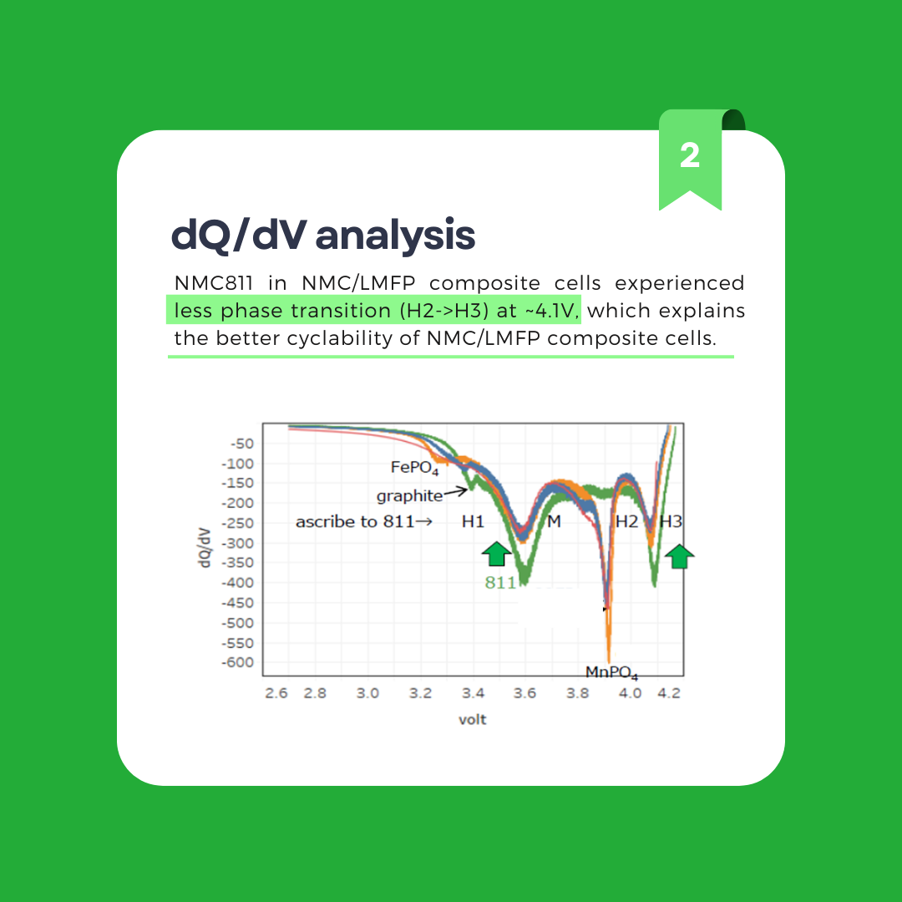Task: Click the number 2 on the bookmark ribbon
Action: coord(690,155)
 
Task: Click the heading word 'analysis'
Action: coord(395,236)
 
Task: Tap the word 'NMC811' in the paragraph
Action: coord(214,283)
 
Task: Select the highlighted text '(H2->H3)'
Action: coord(443,311)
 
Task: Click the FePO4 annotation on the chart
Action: coord(415,468)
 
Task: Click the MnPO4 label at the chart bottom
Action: coord(611,672)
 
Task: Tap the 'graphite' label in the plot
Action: coord(409,496)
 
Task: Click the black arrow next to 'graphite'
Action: coord(456,491)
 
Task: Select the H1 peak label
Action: coord(473,522)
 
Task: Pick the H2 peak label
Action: coord(627,522)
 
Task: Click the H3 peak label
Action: coord(671,522)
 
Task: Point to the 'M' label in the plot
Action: coord(554,522)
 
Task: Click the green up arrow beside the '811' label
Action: coord(496,554)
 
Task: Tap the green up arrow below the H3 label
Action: coord(679,556)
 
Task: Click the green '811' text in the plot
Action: coord(500,583)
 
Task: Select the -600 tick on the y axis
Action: coord(237,662)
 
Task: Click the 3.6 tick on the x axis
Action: coord(524,693)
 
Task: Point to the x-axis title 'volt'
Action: coord(472,720)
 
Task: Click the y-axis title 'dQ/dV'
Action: coord(204,547)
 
